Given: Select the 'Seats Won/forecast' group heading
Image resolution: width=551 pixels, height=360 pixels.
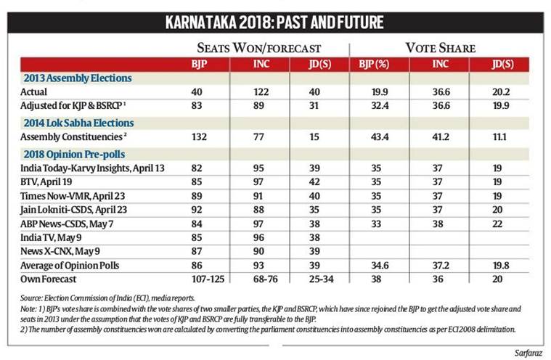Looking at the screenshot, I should coord(259,48).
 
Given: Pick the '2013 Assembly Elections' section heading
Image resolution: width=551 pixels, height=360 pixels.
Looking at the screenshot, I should coord(71,78).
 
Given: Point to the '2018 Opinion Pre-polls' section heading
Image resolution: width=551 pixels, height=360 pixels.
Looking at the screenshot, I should coord(73,154).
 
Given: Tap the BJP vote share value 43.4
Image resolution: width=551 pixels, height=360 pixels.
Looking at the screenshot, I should coord(375,139).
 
